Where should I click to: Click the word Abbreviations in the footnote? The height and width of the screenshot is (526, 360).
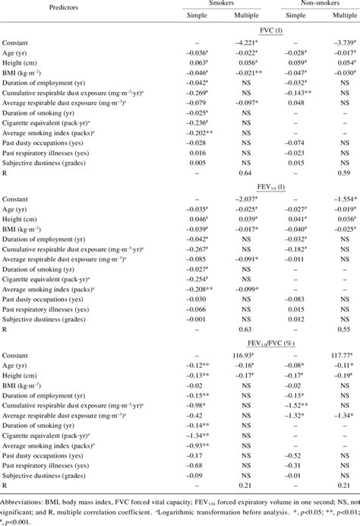tap(24, 492)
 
